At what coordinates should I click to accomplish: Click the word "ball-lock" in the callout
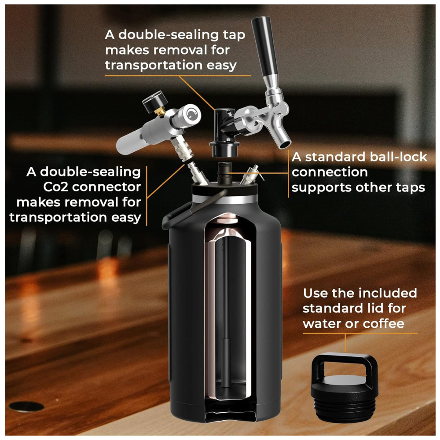point(399,157)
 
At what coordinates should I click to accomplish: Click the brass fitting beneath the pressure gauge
point(160,111)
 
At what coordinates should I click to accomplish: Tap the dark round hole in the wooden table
point(26,406)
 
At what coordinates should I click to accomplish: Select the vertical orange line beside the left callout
point(147,196)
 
